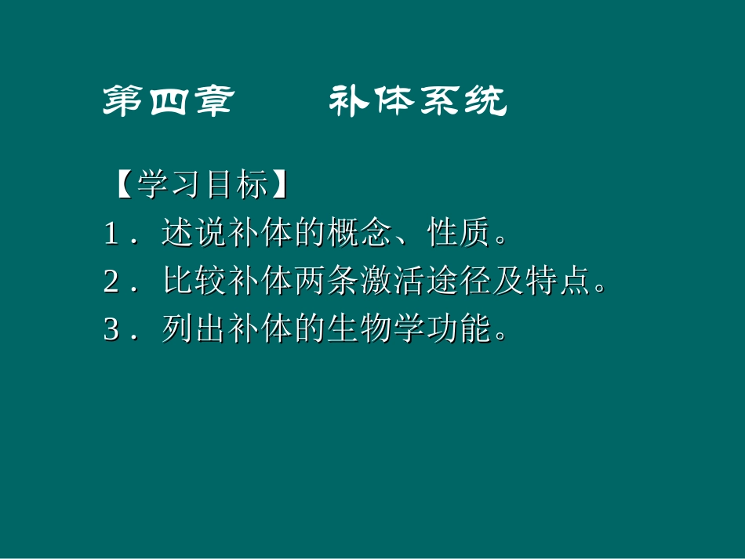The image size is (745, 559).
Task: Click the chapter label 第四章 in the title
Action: click(167, 101)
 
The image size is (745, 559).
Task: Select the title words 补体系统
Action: click(417, 101)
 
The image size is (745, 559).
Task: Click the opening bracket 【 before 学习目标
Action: click(122, 186)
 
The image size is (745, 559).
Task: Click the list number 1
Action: click(111, 234)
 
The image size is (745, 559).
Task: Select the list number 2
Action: click(111, 282)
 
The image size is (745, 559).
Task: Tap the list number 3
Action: click(111, 330)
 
